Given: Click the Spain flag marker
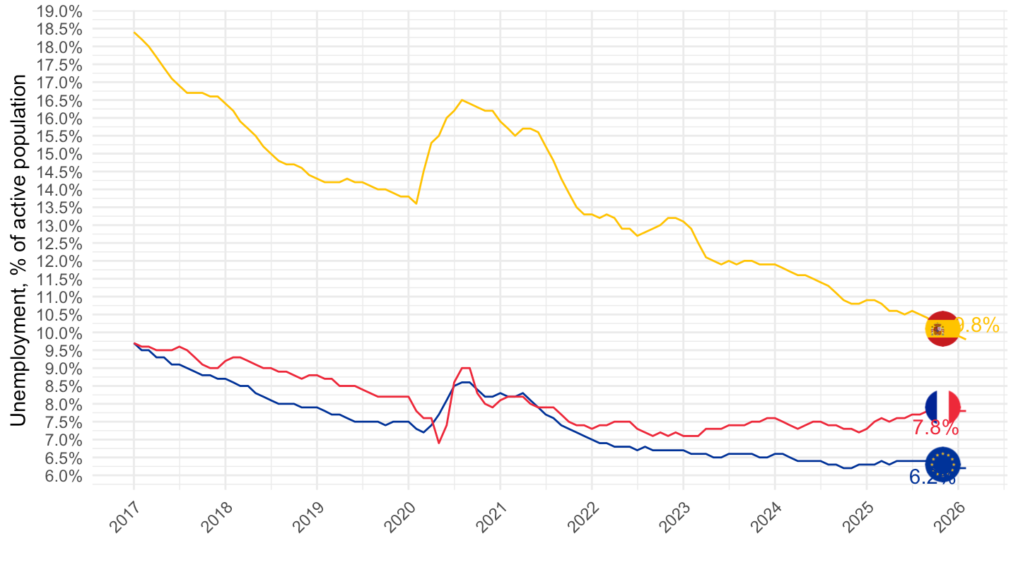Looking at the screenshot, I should (x=942, y=329).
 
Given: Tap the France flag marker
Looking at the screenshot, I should (x=942, y=407).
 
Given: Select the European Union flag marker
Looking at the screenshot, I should (x=942, y=464).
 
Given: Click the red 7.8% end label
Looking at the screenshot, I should (x=935, y=428).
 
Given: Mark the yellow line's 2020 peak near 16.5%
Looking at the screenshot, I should (x=462, y=100).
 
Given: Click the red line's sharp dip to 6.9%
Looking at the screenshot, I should (x=438, y=443).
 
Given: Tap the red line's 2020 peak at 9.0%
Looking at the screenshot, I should (x=465, y=368).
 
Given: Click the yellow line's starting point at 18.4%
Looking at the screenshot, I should (x=134, y=32).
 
